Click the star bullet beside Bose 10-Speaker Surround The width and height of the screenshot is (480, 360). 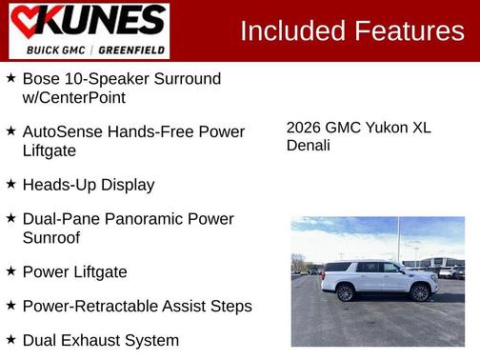point(10,78)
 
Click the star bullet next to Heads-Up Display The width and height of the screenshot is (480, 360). point(10,184)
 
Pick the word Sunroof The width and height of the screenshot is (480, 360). point(51,238)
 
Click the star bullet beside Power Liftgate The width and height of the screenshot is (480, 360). point(10,271)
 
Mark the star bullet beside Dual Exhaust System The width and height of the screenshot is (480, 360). point(10,339)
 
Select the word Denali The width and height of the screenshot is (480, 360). point(309,146)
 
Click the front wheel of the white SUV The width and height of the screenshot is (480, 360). point(420,292)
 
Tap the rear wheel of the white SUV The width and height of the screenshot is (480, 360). point(346,292)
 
